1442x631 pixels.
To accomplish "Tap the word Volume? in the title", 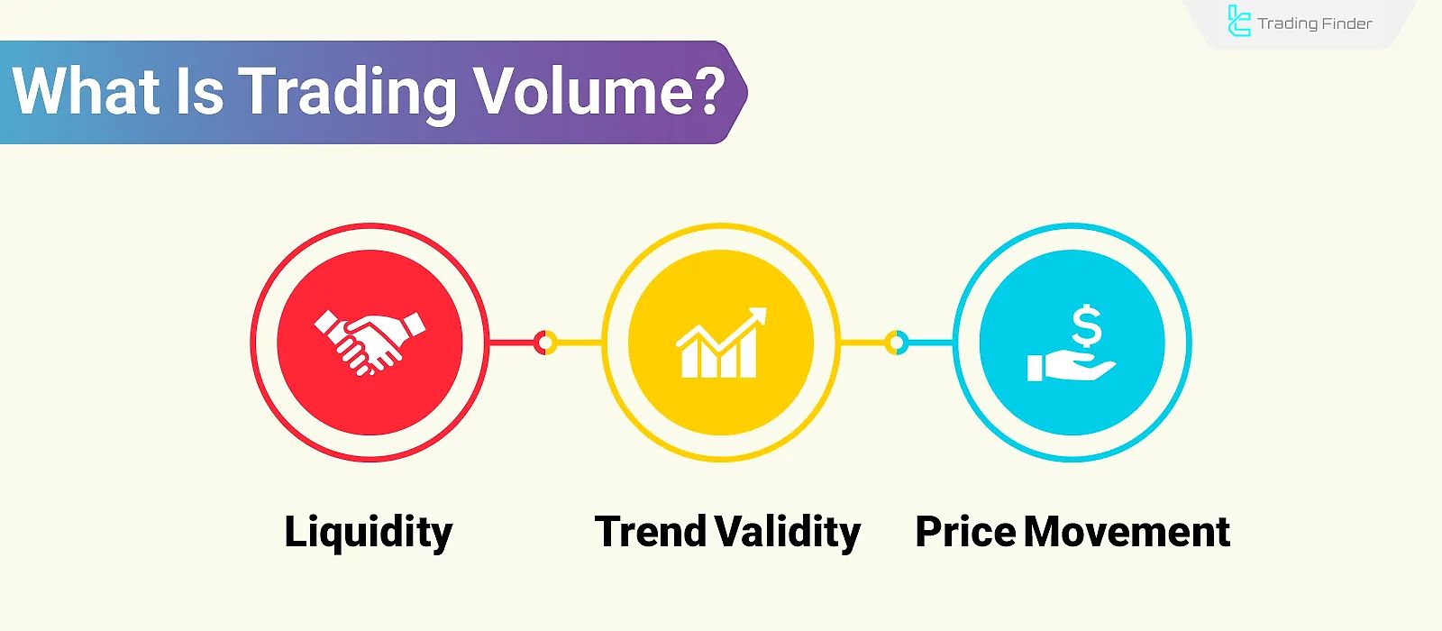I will tap(599, 91).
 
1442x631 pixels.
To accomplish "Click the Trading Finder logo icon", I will tap(1239, 22).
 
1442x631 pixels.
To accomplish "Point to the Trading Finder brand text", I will tap(1315, 23).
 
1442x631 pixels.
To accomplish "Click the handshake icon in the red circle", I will tap(370, 342).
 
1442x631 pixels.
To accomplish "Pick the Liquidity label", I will tap(369, 532).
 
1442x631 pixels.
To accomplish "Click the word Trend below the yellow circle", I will tap(651, 532).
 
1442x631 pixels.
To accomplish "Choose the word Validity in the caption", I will tap(789, 532).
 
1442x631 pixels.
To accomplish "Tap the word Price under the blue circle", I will tap(964, 532).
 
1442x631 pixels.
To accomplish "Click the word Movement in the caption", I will tap(1127, 532).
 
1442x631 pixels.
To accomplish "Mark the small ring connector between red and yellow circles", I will tap(545, 343).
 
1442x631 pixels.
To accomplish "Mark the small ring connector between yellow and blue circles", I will tap(896, 343).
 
